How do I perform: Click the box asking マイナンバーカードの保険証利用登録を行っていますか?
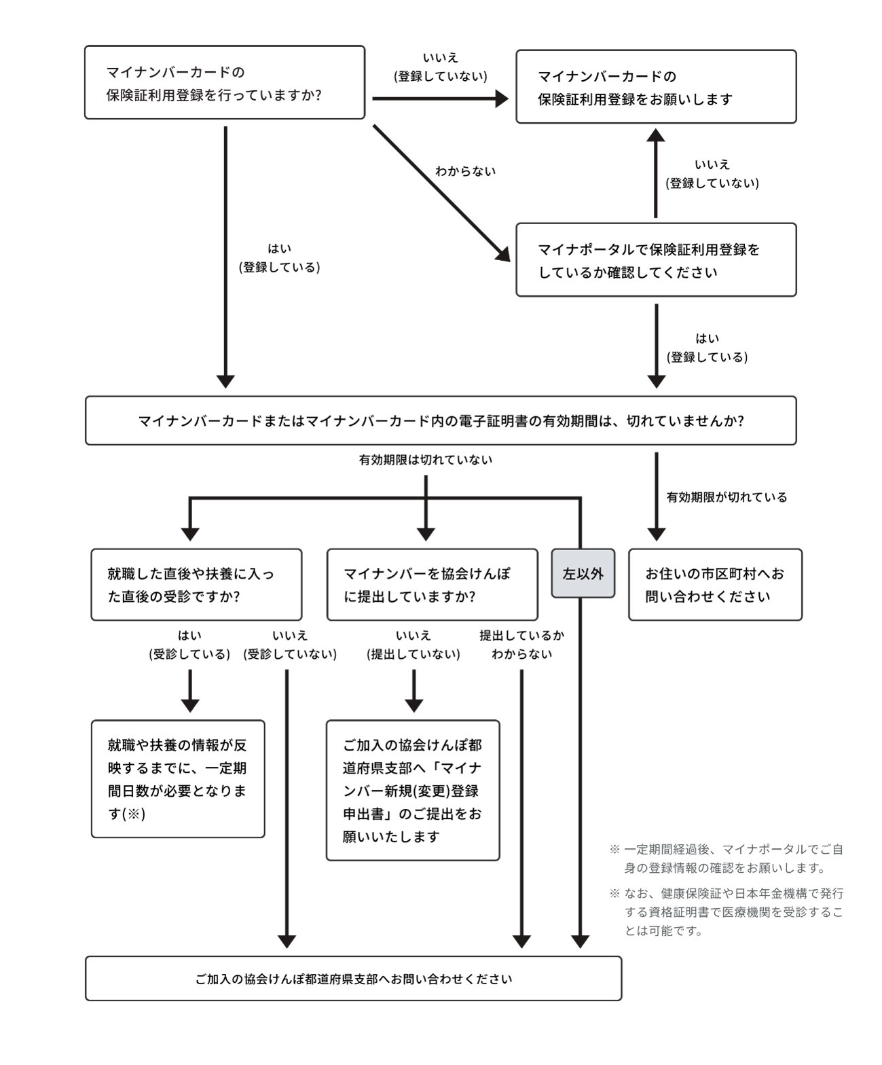[225, 83]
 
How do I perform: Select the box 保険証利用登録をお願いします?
[656, 87]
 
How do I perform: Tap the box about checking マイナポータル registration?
[656, 259]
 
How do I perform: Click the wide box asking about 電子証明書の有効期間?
[441, 421]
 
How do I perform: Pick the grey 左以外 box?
[583, 573]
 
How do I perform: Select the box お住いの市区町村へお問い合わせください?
[715, 585]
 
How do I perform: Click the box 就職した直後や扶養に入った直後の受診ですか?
[196, 585]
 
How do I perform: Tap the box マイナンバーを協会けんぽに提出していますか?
[433, 585]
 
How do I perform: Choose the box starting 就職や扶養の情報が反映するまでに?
[178, 779]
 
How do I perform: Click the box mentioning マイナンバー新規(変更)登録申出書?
[413, 791]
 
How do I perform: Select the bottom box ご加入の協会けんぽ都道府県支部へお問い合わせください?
[353, 979]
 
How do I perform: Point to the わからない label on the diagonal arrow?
[466, 171]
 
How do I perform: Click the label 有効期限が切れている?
[727, 497]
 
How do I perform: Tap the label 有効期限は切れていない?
[426, 460]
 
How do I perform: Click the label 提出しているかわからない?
[522, 645]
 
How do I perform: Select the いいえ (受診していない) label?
[290, 645]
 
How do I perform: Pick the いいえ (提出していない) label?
[414, 645]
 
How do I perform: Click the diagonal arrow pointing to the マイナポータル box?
[441, 193]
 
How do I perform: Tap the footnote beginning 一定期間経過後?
[727, 859]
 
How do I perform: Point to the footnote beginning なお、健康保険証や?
[727, 912]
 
